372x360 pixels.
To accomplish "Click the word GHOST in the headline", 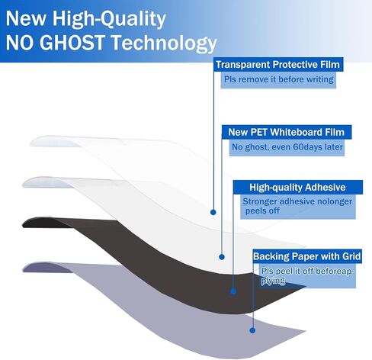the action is [72, 42].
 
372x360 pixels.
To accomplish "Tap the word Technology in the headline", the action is [164, 43].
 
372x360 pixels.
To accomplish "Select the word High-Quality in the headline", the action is [109, 19].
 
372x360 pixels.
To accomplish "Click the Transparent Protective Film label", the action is [278, 65].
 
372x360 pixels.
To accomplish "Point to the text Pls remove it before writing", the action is [278, 79].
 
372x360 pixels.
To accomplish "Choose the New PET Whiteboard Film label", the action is [287, 132].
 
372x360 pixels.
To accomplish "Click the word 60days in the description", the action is [307, 147].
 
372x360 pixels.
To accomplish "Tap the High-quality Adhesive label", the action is [297, 188].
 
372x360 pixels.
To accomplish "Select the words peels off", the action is [262, 211].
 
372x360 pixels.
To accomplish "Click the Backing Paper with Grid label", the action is [307, 256].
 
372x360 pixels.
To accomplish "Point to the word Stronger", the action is [260, 201].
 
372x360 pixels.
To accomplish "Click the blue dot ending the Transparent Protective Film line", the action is [213, 212].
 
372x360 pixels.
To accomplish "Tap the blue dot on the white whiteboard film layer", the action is [222, 257].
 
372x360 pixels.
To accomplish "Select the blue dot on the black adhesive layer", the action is [233, 291].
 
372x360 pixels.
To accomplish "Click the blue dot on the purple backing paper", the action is [252, 330].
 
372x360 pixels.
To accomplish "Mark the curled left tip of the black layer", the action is [22, 225].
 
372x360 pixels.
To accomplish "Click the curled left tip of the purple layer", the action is [23, 269].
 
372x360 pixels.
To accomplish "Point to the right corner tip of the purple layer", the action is [306, 331].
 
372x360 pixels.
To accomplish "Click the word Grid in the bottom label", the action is [351, 256].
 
